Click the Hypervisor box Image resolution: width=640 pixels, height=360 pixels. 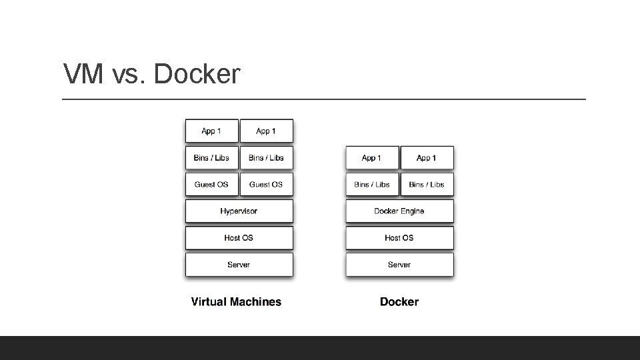pyautogui.click(x=239, y=211)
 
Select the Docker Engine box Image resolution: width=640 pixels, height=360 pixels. pyautogui.click(x=399, y=211)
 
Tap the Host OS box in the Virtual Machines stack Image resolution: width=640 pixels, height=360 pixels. pyautogui.click(x=239, y=237)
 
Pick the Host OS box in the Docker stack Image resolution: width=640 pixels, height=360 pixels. pyautogui.click(x=399, y=237)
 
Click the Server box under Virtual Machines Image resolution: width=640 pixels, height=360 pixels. pyautogui.click(x=239, y=265)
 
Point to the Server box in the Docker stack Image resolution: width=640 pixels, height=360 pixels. pyautogui.click(x=399, y=265)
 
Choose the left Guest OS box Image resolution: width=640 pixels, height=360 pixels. pyautogui.click(x=212, y=184)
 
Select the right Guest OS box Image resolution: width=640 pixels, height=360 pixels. pyautogui.click(x=267, y=184)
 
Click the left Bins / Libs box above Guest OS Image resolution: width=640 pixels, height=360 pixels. pyautogui.click(x=212, y=157)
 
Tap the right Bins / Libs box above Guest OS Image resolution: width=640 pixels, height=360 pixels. pyautogui.click(x=267, y=157)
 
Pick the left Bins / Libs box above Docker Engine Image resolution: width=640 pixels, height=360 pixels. pyautogui.click(x=372, y=184)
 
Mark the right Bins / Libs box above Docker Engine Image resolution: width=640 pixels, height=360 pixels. pyautogui.click(x=427, y=184)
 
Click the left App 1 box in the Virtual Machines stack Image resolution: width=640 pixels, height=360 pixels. pyautogui.click(x=212, y=131)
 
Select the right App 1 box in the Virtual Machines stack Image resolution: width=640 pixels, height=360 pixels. pyautogui.click(x=267, y=131)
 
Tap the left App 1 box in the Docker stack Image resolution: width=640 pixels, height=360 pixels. pyautogui.click(x=372, y=157)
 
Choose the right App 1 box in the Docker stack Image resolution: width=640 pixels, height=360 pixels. pyautogui.click(x=427, y=157)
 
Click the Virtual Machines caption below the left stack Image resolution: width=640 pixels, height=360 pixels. pyautogui.click(x=236, y=301)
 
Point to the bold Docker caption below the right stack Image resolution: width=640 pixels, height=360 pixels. pyautogui.click(x=399, y=301)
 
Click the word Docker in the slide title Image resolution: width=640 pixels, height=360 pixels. pyautogui.click(x=197, y=74)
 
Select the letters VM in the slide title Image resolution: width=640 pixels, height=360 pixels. pyautogui.click(x=83, y=74)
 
